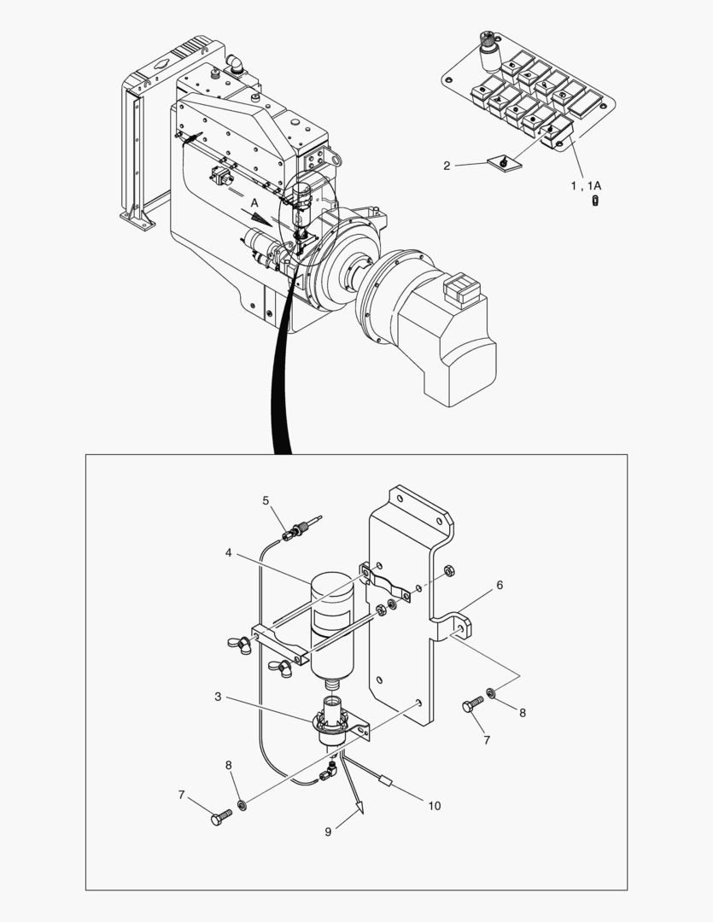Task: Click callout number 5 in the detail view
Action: [x=266, y=500]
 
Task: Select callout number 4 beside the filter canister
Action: [x=228, y=552]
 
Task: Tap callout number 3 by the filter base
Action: [x=218, y=697]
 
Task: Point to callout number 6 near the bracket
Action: [x=500, y=585]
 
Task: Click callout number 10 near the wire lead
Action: [x=434, y=806]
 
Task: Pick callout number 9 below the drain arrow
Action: [x=328, y=832]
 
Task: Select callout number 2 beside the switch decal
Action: [x=447, y=166]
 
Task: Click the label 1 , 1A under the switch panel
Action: [x=586, y=186]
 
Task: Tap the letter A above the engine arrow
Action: [x=254, y=203]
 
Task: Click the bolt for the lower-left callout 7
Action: [x=221, y=817]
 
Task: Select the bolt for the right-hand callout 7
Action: [x=473, y=703]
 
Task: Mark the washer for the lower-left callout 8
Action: [x=241, y=804]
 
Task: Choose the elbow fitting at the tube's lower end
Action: [x=328, y=771]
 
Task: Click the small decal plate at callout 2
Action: [x=504, y=163]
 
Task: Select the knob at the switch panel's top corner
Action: [x=488, y=50]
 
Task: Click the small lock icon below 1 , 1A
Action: [x=596, y=201]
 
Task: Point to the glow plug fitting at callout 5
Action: [x=301, y=528]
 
